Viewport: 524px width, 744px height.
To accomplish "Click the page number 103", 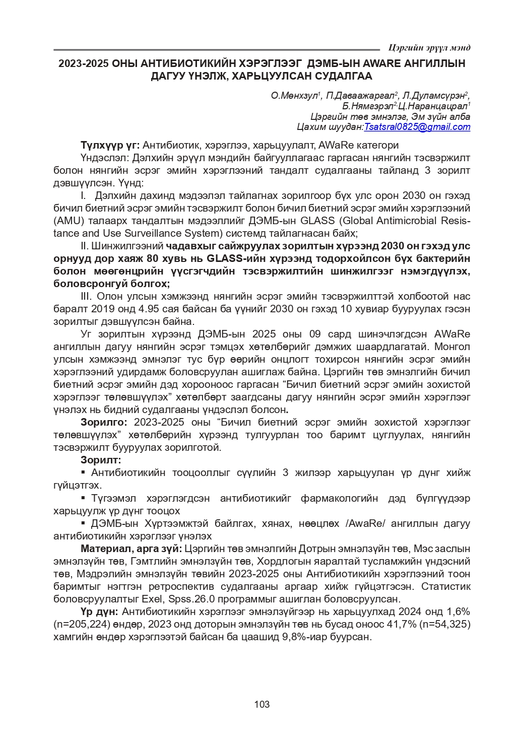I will click(x=262, y=704).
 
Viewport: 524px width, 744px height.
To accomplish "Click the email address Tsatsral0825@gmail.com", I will click(x=417, y=127).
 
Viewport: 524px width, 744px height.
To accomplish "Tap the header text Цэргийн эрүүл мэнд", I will click(x=430, y=48).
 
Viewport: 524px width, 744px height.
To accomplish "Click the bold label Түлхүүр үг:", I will click(x=110, y=146).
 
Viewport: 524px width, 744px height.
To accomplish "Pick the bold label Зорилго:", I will click(x=104, y=422).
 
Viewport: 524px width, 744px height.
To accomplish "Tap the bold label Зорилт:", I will click(x=101, y=460).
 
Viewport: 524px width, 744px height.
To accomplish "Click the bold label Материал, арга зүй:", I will click(x=132, y=549).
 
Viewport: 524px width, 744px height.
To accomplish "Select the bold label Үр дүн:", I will click(x=99, y=612).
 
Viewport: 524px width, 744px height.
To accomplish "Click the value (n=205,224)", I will click(x=83, y=624).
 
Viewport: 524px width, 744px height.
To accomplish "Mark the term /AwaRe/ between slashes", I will click(x=365, y=523).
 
